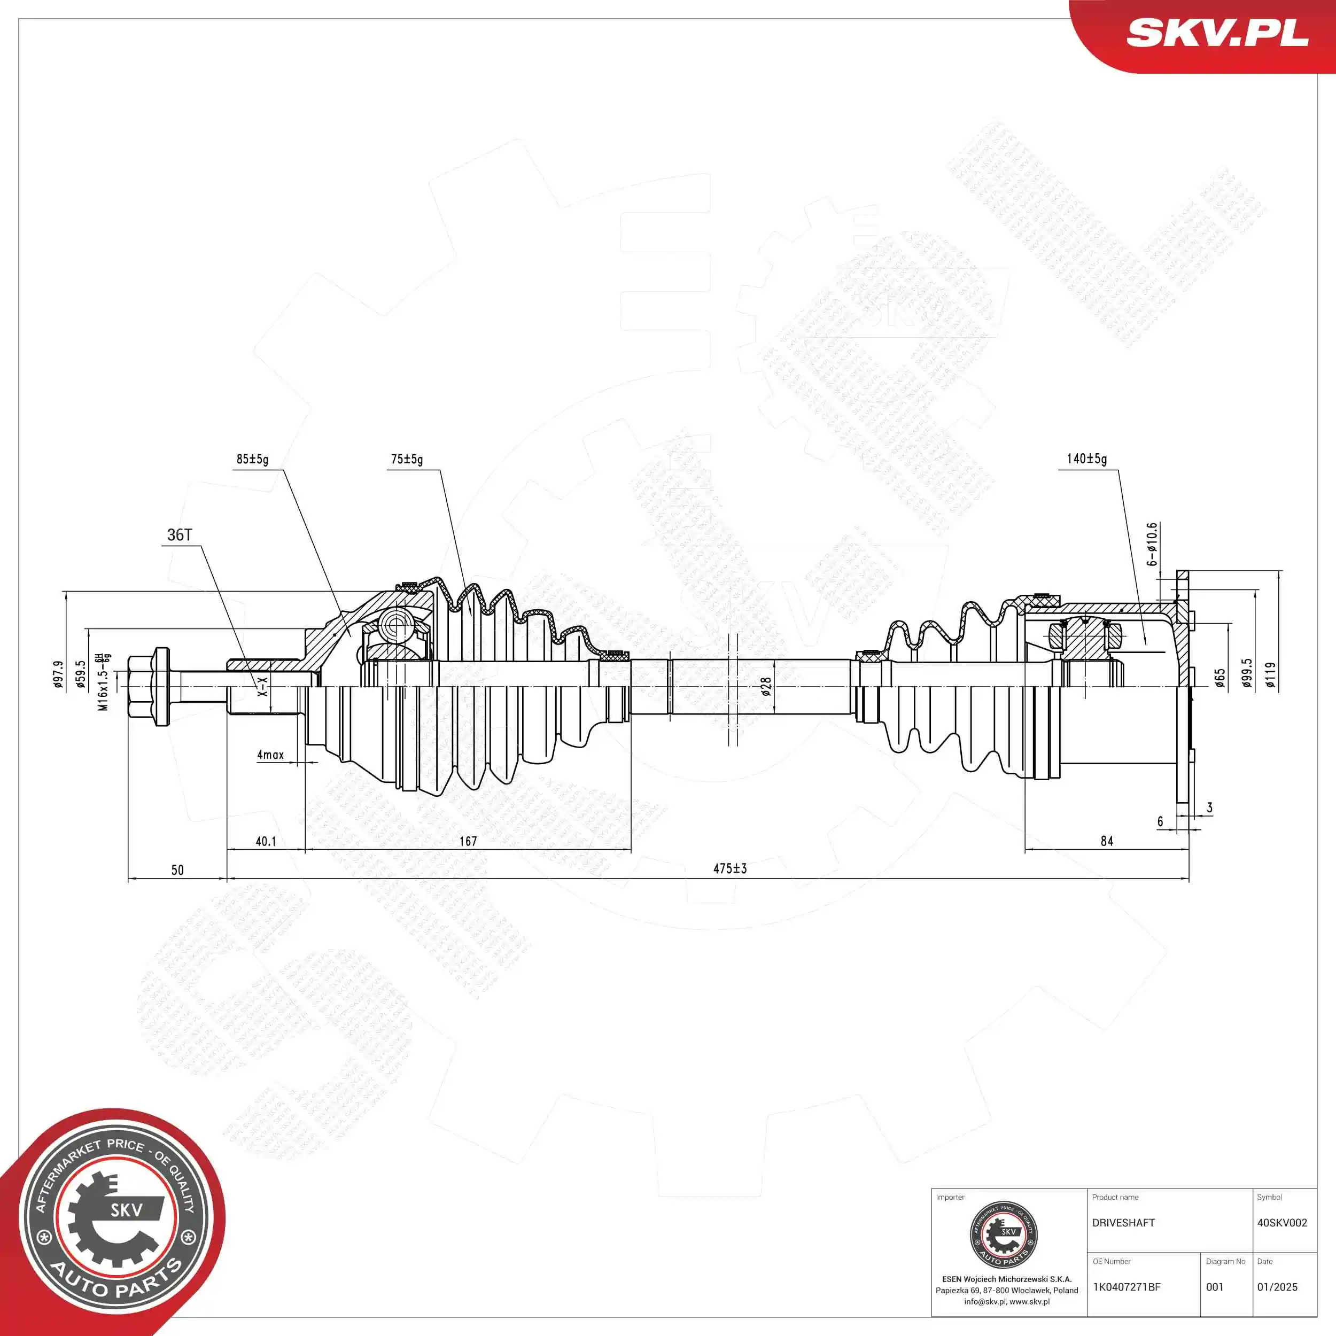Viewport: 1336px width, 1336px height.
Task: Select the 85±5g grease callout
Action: point(252,459)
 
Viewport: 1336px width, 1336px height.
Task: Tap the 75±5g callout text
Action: point(407,459)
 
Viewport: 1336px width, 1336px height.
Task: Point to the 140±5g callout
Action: point(1086,459)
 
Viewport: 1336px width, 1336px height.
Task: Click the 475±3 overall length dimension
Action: point(730,868)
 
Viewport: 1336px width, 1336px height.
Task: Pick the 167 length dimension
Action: point(468,841)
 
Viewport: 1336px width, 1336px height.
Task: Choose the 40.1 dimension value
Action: point(266,841)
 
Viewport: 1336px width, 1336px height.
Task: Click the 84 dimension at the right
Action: point(1107,841)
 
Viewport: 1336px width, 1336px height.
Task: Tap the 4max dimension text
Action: point(270,755)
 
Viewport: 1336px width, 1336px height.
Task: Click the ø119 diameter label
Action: point(1270,675)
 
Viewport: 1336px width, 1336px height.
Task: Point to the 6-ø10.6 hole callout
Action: point(1152,544)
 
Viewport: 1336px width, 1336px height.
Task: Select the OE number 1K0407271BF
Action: point(1127,1287)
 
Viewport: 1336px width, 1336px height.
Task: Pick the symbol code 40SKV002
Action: point(1282,1223)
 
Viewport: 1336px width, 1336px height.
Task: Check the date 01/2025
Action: point(1277,1287)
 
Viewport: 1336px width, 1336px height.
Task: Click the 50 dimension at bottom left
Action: point(178,870)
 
